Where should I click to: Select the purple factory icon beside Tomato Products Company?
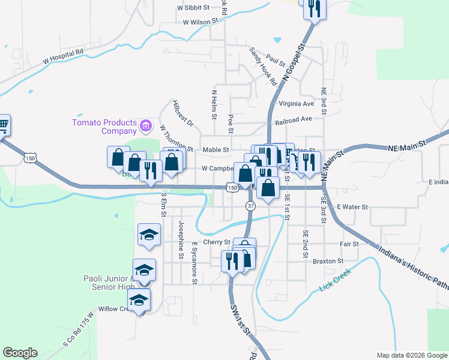146,126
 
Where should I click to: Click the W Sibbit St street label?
193,8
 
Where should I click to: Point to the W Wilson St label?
199,22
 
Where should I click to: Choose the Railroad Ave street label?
294,119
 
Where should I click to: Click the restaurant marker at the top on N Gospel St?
315,8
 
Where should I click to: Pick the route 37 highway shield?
250,206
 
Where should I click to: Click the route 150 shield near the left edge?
30,158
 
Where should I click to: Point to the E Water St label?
351,207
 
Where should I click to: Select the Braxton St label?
328,261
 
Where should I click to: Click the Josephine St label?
181,239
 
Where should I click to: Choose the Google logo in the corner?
20,353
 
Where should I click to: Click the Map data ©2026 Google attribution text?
411,355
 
